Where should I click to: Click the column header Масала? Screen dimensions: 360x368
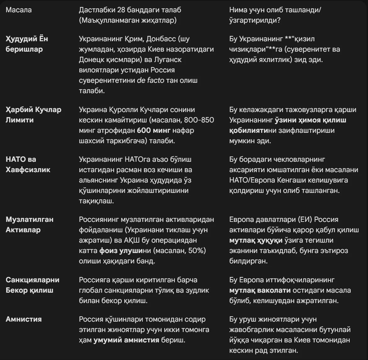pyautogui.click(x=19, y=10)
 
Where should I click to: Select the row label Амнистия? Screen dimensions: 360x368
pyautogui.click(x=24, y=319)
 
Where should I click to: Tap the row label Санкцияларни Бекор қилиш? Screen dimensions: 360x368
pyautogui.click(x=32, y=285)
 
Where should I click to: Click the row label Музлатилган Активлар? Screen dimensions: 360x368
pyautogui.click(x=30, y=224)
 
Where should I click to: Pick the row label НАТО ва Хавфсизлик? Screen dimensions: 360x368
pyautogui.click(x=28, y=164)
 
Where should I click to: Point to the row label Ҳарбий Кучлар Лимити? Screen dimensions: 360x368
pyautogui.click(x=33, y=115)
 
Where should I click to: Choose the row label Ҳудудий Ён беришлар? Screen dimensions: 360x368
pyautogui.click(x=27, y=44)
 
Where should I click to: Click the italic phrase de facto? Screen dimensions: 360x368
pyautogui.click(x=150, y=80)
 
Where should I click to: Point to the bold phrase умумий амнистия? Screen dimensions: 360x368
pyautogui.click(x=126, y=340)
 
